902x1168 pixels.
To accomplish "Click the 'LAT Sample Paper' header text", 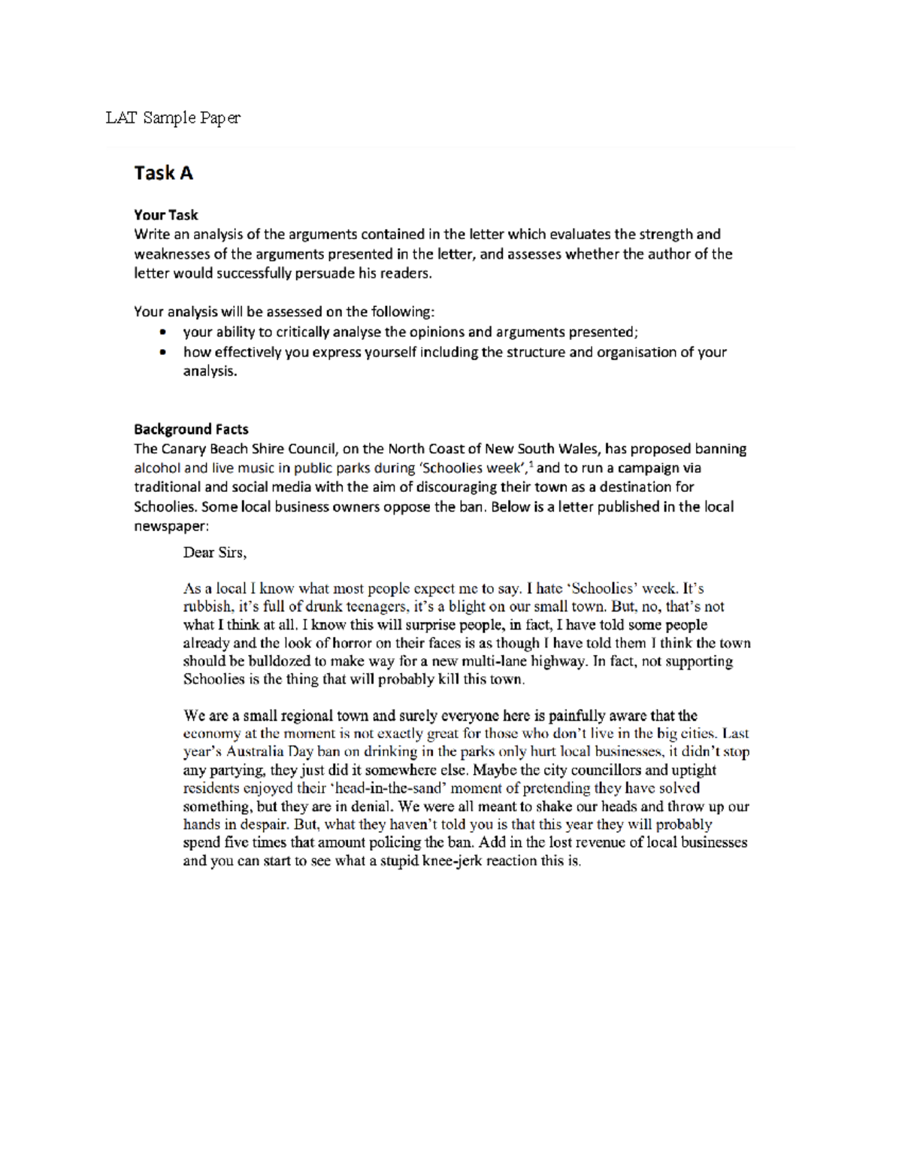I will click(x=173, y=117).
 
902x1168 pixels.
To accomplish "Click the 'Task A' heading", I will click(x=163, y=173).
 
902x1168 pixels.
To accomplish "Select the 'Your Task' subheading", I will click(x=165, y=215).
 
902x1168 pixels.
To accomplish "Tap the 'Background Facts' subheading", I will click(x=191, y=429).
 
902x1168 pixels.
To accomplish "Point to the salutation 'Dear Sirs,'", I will click(x=214, y=553).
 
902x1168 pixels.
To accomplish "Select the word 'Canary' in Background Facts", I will click(x=184, y=449).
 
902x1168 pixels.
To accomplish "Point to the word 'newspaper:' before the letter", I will click(x=171, y=526).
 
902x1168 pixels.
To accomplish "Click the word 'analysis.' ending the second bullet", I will click(x=210, y=372).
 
